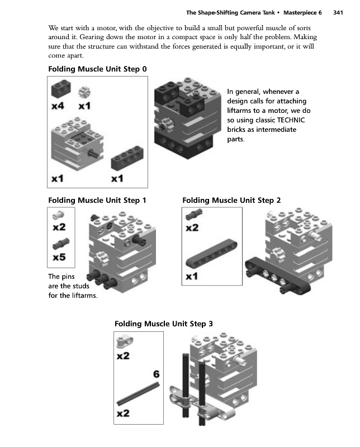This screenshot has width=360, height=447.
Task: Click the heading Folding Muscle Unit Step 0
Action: point(98,69)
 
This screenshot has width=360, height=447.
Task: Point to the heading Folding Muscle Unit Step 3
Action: point(163,324)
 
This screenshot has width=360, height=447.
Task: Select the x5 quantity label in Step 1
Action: point(59,258)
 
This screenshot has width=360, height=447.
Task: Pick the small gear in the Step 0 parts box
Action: point(86,91)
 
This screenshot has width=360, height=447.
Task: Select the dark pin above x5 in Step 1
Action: point(59,244)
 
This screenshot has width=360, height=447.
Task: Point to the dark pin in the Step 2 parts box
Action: point(192,213)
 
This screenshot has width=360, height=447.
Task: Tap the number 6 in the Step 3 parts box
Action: point(157,374)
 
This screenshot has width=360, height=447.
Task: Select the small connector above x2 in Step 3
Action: point(124,340)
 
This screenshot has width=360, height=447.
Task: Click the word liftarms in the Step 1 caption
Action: point(82,296)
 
